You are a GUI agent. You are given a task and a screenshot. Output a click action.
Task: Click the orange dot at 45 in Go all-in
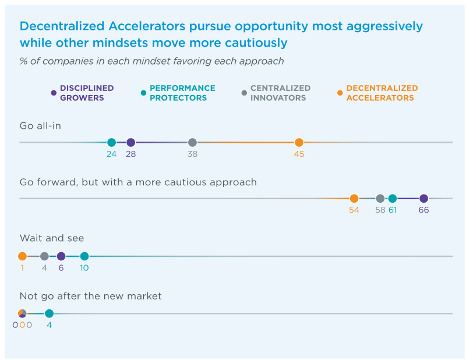(299, 142)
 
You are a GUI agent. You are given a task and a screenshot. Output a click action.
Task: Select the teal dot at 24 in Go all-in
(112, 142)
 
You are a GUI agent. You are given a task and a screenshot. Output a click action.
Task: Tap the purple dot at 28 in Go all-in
(131, 142)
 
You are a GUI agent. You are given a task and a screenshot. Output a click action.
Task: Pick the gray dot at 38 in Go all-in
(192, 142)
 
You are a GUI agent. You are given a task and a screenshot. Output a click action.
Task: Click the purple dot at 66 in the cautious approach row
(423, 199)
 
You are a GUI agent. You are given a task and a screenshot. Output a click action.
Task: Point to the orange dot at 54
(354, 199)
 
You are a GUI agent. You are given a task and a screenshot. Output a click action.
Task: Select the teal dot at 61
(393, 199)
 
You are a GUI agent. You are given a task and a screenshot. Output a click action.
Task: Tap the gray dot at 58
(380, 199)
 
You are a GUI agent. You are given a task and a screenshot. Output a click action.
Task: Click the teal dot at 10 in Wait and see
(84, 256)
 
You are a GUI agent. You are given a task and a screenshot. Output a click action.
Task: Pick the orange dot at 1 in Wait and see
(22, 256)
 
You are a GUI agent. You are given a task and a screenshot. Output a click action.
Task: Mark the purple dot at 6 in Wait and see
(61, 256)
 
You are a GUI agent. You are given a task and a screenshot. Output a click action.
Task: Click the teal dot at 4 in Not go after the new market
(50, 313)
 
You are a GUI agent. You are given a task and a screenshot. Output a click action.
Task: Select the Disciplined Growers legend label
(87, 93)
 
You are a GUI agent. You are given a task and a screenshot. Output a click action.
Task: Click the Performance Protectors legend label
(182, 93)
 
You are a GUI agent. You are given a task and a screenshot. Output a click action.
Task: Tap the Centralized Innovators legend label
(280, 93)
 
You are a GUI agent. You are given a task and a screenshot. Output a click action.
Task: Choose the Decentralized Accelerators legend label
(382, 93)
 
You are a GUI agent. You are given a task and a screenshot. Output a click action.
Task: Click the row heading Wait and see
(52, 238)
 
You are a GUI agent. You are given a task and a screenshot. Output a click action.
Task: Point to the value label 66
(423, 210)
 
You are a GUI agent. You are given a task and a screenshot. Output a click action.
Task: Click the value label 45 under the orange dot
(299, 154)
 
